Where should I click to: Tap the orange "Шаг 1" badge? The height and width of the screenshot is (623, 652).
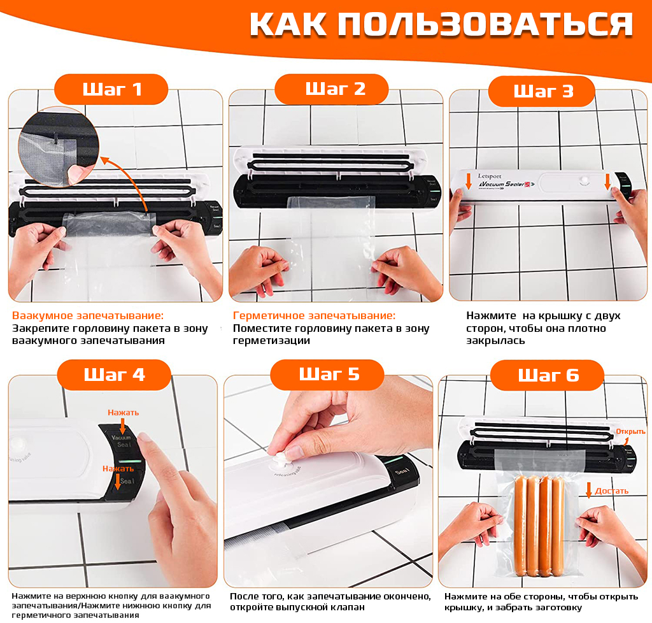[111, 89]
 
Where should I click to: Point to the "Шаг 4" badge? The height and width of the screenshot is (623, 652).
[114, 375]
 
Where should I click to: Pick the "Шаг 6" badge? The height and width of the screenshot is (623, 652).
[548, 375]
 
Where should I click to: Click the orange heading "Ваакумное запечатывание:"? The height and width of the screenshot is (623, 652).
[88, 315]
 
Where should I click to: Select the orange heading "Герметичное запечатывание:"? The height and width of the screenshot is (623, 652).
[314, 315]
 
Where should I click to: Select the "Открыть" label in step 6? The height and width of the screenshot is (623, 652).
[630, 431]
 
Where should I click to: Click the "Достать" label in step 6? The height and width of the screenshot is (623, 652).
[612, 491]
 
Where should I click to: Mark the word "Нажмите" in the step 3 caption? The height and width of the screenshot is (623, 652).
[489, 315]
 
